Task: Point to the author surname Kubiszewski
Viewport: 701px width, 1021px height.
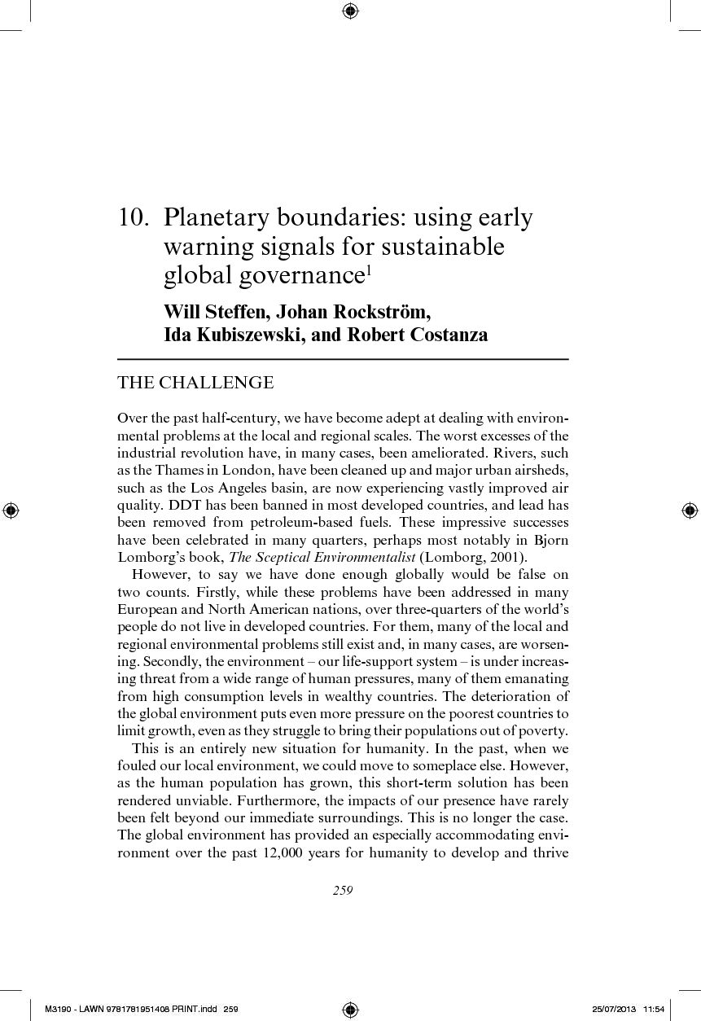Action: coord(245,335)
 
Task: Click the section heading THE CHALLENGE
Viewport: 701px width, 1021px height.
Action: coord(195,383)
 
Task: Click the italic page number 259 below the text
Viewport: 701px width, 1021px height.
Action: coord(343,891)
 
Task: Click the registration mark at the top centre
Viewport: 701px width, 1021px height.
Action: coord(350,11)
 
